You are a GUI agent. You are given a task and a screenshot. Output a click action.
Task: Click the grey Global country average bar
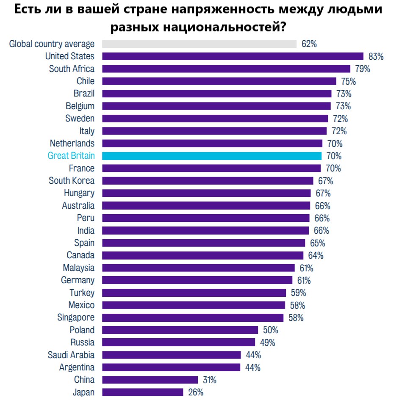click(x=199, y=44)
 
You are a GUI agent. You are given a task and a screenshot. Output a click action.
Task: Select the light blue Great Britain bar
click(x=212, y=156)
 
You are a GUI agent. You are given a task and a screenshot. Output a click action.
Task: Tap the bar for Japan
click(x=143, y=392)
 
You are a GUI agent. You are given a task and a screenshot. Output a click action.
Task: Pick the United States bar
click(x=233, y=56)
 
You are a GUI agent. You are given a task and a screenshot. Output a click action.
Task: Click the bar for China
click(x=150, y=380)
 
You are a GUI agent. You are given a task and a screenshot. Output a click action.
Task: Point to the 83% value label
click(x=376, y=56)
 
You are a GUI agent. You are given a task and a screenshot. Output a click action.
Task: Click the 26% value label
click(x=196, y=392)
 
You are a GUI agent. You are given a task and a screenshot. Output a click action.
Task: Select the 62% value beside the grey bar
click(x=309, y=44)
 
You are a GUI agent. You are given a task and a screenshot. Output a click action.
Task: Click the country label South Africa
click(x=72, y=69)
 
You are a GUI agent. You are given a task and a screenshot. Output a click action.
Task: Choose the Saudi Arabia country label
click(x=71, y=355)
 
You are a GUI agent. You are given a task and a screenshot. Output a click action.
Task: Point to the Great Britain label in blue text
click(x=71, y=156)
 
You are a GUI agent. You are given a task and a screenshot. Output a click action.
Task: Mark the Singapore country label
click(x=76, y=318)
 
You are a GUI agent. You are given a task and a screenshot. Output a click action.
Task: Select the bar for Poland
click(x=180, y=330)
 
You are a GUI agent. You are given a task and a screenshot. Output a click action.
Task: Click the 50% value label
click(x=271, y=330)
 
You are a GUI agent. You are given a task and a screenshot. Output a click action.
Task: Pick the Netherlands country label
click(x=72, y=143)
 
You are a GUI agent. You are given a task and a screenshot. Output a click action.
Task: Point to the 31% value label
click(x=209, y=380)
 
